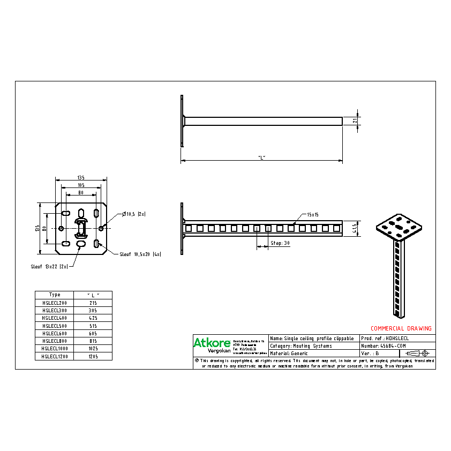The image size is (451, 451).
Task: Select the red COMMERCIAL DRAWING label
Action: (x=401, y=328)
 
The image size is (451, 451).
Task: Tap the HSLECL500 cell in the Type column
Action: (x=54, y=325)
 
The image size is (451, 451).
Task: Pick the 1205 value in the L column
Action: (x=93, y=356)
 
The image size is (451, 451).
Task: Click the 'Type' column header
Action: (x=54, y=295)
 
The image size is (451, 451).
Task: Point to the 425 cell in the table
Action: (x=93, y=318)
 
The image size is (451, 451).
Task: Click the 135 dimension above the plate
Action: (x=80, y=177)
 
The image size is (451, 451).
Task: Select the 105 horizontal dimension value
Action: (x=80, y=185)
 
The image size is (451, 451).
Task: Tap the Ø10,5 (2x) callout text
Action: (x=134, y=214)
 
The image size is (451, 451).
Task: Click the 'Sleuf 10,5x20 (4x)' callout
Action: (x=140, y=254)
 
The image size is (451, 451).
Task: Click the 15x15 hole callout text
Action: (x=313, y=214)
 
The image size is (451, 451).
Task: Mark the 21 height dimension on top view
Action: (x=355, y=122)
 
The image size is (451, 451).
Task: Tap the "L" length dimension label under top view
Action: (x=261, y=157)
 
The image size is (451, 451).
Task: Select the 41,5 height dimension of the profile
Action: (x=355, y=229)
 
